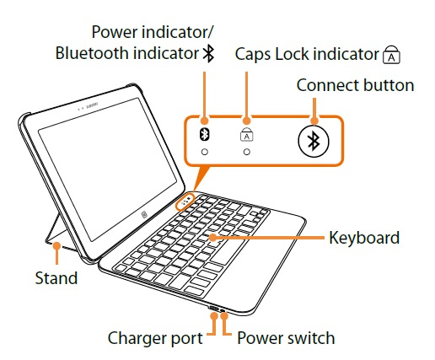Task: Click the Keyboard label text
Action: pyautogui.click(x=364, y=238)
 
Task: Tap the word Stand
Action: pyautogui.click(x=56, y=278)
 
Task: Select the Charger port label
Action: pyautogui.click(x=155, y=338)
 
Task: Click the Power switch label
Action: pyautogui.click(x=286, y=338)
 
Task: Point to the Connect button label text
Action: pyautogui.click(x=355, y=85)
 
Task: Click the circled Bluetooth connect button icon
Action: pyautogui.click(x=314, y=141)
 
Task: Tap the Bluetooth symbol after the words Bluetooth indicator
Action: pyautogui.click(x=208, y=53)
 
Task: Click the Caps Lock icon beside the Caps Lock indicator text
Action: pyautogui.click(x=391, y=54)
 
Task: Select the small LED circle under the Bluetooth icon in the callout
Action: pyautogui.click(x=205, y=152)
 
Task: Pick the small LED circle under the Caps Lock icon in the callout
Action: pyautogui.click(x=247, y=152)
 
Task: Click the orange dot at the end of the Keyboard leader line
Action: pyautogui.click(x=213, y=238)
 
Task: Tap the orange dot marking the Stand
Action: pyautogui.click(x=57, y=246)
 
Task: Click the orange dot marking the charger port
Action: pyautogui.click(x=214, y=315)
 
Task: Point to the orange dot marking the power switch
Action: pyautogui.click(x=224, y=315)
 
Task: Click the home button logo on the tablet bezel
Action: pyautogui.click(x=144, y=215)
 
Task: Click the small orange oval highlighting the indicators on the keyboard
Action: pyautogui.click(x=185, y=201)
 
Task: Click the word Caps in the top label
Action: pyautogui.click(x=253, y=54)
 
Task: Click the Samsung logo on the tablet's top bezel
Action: pyautogui.click(x=93, y=105)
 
